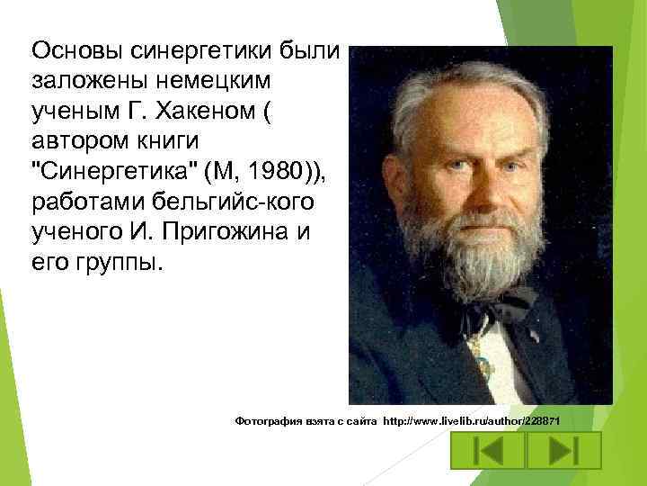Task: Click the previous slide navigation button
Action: point(486,451)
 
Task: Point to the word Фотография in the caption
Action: point(266,421)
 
